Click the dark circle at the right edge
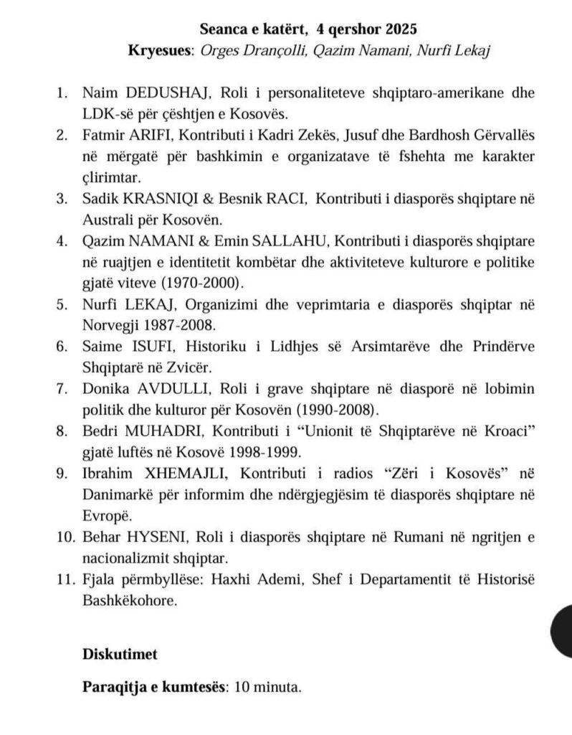[559, 629]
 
